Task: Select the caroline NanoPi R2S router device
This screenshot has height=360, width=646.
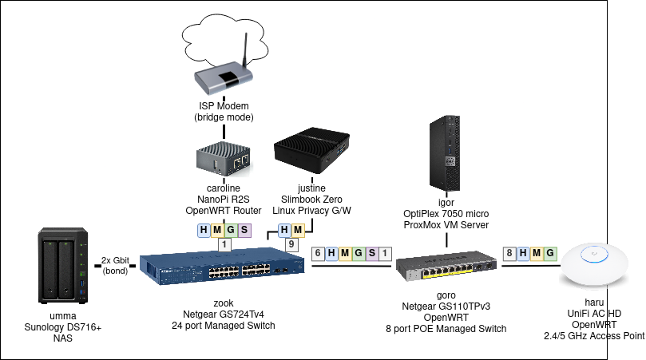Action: [x=224, y=159]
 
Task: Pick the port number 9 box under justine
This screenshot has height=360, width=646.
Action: [x=292, y=245]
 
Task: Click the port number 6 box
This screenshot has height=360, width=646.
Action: [x=319, y=254]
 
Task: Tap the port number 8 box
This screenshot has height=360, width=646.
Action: [x=509, y=254]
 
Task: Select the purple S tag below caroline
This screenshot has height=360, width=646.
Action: [x=244, y=231]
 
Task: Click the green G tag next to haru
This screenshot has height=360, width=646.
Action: [x=549, y=254]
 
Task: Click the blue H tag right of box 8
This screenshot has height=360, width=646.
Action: [x=523, y=254]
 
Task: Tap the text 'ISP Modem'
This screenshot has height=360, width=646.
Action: [x=224, y=106]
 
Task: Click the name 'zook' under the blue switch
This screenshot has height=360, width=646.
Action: [x=223, y=304]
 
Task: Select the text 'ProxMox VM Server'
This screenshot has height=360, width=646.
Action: [x=446, y=226]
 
